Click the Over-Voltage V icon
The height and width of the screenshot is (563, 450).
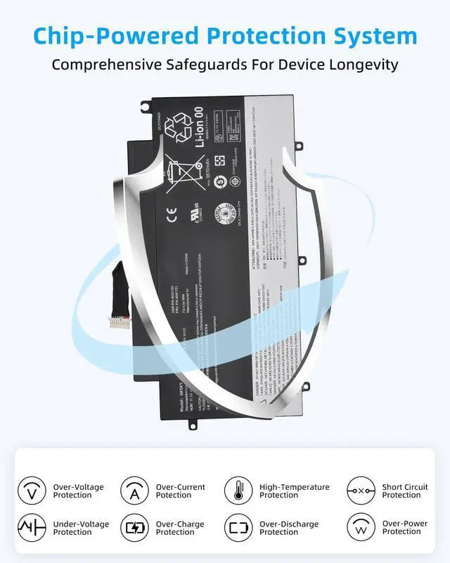(x=31, y=491)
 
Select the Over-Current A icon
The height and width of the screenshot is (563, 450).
(x=134, y=491)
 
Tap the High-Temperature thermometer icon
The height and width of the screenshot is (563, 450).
(x=238, y=491)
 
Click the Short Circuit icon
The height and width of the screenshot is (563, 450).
(x=361, y=491)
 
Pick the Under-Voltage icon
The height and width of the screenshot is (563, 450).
(x=31, y=528)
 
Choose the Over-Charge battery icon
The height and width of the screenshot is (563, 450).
(x=134, y=528)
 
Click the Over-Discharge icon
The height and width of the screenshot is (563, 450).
(x=238, y=528)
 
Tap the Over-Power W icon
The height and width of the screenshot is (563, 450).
(x=361, y=528)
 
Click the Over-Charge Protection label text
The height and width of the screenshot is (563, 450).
(x=181, y=528)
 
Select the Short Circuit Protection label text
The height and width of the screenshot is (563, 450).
(x=405, y=491)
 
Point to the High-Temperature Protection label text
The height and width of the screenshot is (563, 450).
(x=294, y=491)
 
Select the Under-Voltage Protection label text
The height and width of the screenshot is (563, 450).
(x=81, y=528)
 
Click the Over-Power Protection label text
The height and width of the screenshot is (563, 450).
(x=405, y=528)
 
